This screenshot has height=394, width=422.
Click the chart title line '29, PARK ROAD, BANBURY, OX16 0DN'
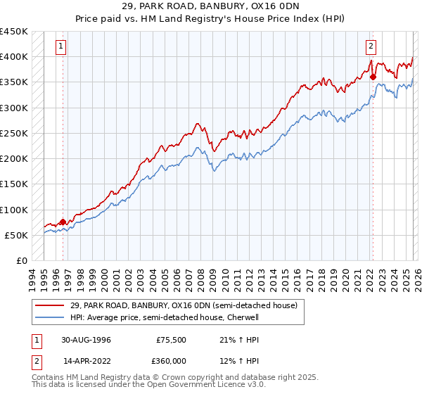click(211, 6)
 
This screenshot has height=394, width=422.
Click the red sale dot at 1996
click(63, 222)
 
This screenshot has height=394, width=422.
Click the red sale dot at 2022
click(373, 77)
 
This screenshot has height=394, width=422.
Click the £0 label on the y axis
click(23, 261)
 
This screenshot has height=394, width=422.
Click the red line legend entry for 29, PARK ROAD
click(184, 305)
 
